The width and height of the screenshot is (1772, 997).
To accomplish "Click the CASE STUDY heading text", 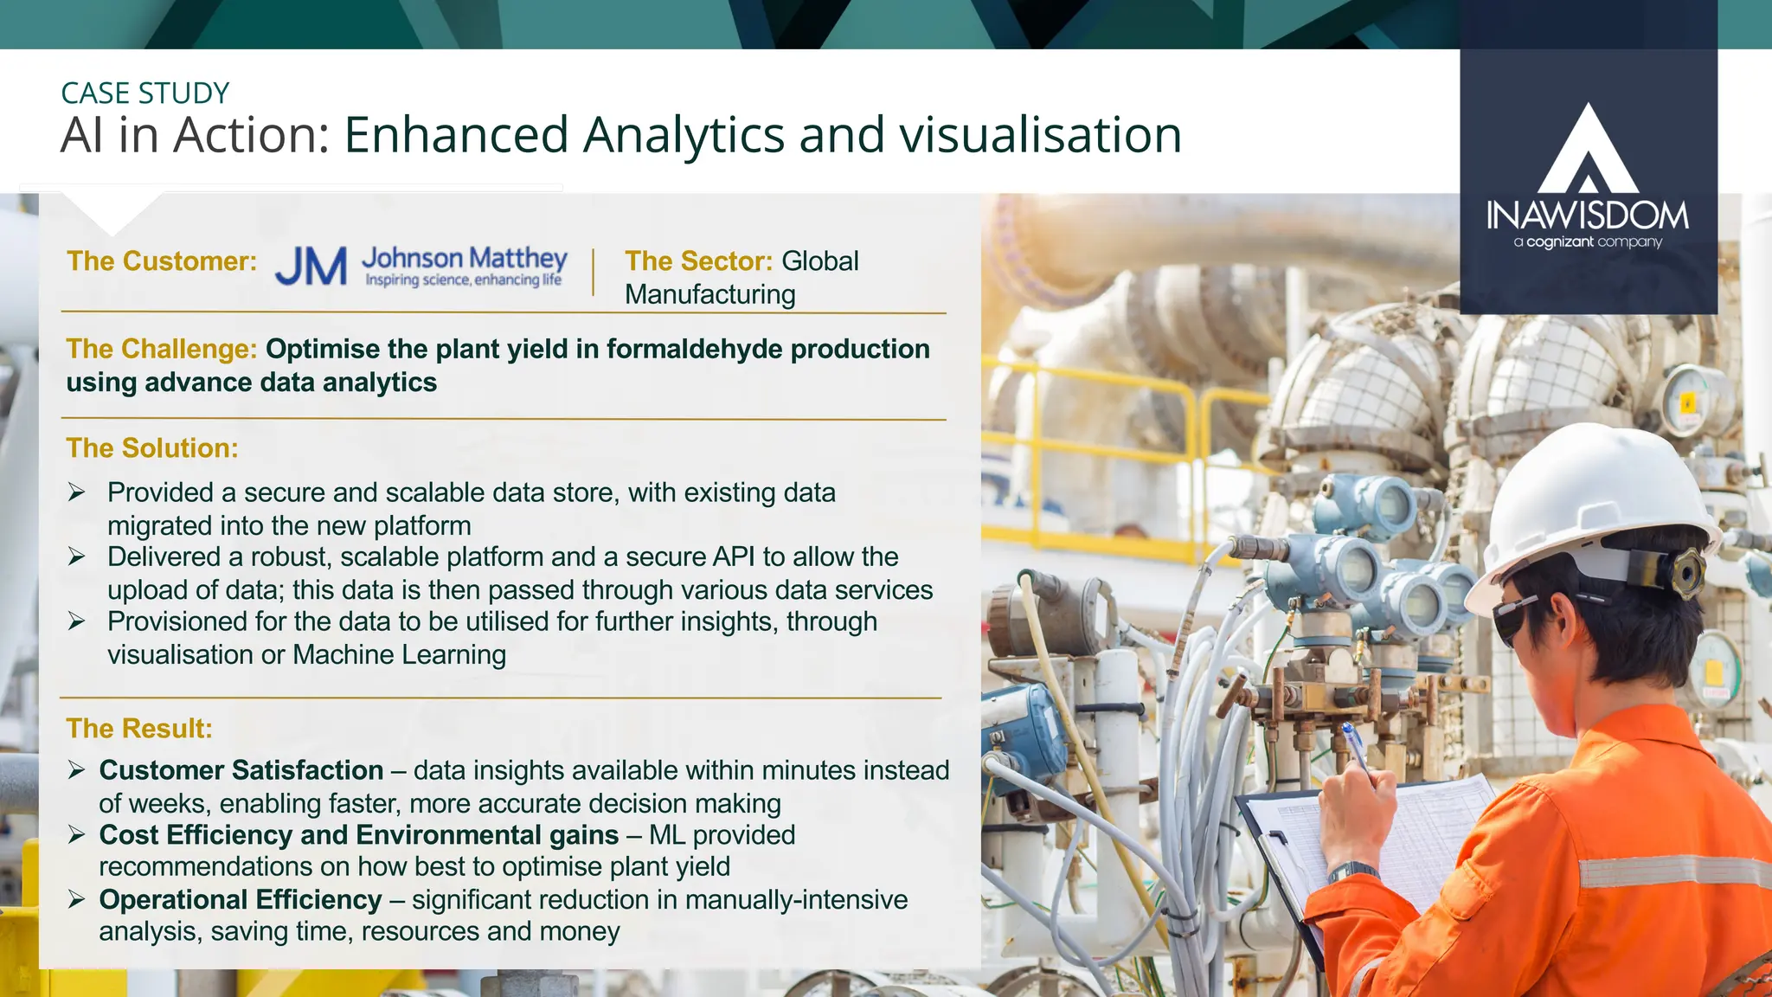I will [x=145, y=93].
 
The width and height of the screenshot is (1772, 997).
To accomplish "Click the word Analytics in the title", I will [x=683, y=136].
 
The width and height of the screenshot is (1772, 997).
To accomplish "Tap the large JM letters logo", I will [x=311, y=267].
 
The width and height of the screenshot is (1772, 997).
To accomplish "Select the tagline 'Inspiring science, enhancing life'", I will [x=463, y=280].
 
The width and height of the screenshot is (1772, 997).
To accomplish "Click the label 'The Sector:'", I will [x=698, y=261].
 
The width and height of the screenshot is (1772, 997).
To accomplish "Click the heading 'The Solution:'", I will [x=152, y=448].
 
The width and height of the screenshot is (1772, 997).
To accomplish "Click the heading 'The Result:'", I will [x=139, y=729].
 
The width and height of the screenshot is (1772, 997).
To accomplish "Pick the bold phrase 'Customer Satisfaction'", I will [x=241, y=770].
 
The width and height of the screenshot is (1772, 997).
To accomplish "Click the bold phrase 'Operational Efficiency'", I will [x=241, y=900].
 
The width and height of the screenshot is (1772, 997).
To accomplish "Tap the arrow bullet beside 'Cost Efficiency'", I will [x=77, y=835].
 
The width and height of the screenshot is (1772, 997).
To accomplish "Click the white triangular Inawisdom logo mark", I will [x=1588, y=151].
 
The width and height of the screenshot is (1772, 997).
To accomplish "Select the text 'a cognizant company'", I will [x=1588, y=242].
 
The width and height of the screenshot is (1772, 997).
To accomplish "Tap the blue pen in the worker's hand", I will [x=1355, y=746].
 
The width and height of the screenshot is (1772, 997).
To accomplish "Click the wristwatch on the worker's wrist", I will [x=1351, y=872].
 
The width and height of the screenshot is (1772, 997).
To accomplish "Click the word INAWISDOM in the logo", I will [x=1588, y=215].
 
